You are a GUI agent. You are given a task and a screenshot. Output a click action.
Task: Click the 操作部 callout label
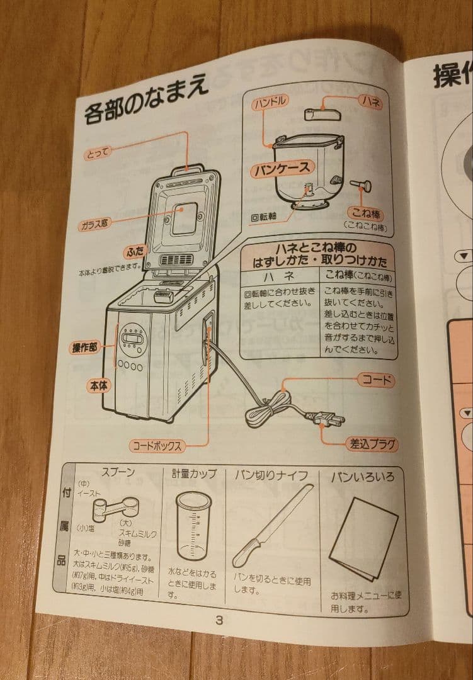tap(84, 348)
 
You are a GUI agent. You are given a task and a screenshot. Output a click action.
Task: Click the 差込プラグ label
tap(373, 444)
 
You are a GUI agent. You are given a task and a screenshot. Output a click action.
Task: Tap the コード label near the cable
tap(377, 380)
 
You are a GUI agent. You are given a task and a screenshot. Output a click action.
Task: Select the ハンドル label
tap(271, 102)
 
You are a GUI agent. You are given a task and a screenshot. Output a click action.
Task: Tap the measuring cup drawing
tap(193, 526)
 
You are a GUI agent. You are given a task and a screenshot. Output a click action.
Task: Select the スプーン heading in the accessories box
tap(118, 472)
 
